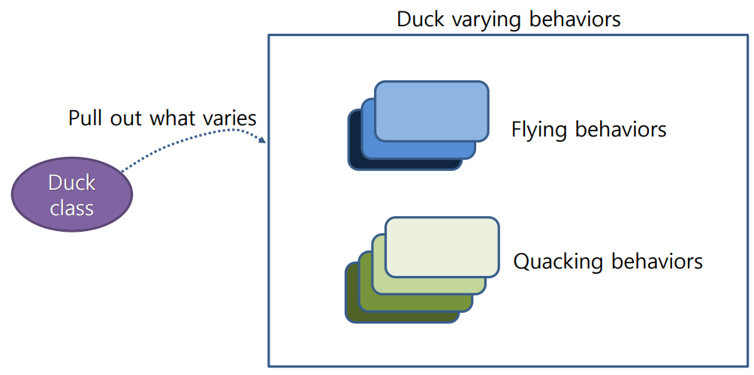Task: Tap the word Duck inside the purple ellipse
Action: pyautogui.click(x=72, y=182)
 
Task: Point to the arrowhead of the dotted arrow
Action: pyautogui.click(x=262, y=140)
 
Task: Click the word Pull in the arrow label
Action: pyautogui.click(x=83, y=118)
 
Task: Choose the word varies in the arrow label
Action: pyautogui.click(x=229, y=118)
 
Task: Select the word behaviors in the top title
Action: pyautogui.click(x=575, y=19)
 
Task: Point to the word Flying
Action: pyautogui.click(x=540, y=130)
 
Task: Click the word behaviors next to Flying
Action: pyautogui.click(x=621, y=129)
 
